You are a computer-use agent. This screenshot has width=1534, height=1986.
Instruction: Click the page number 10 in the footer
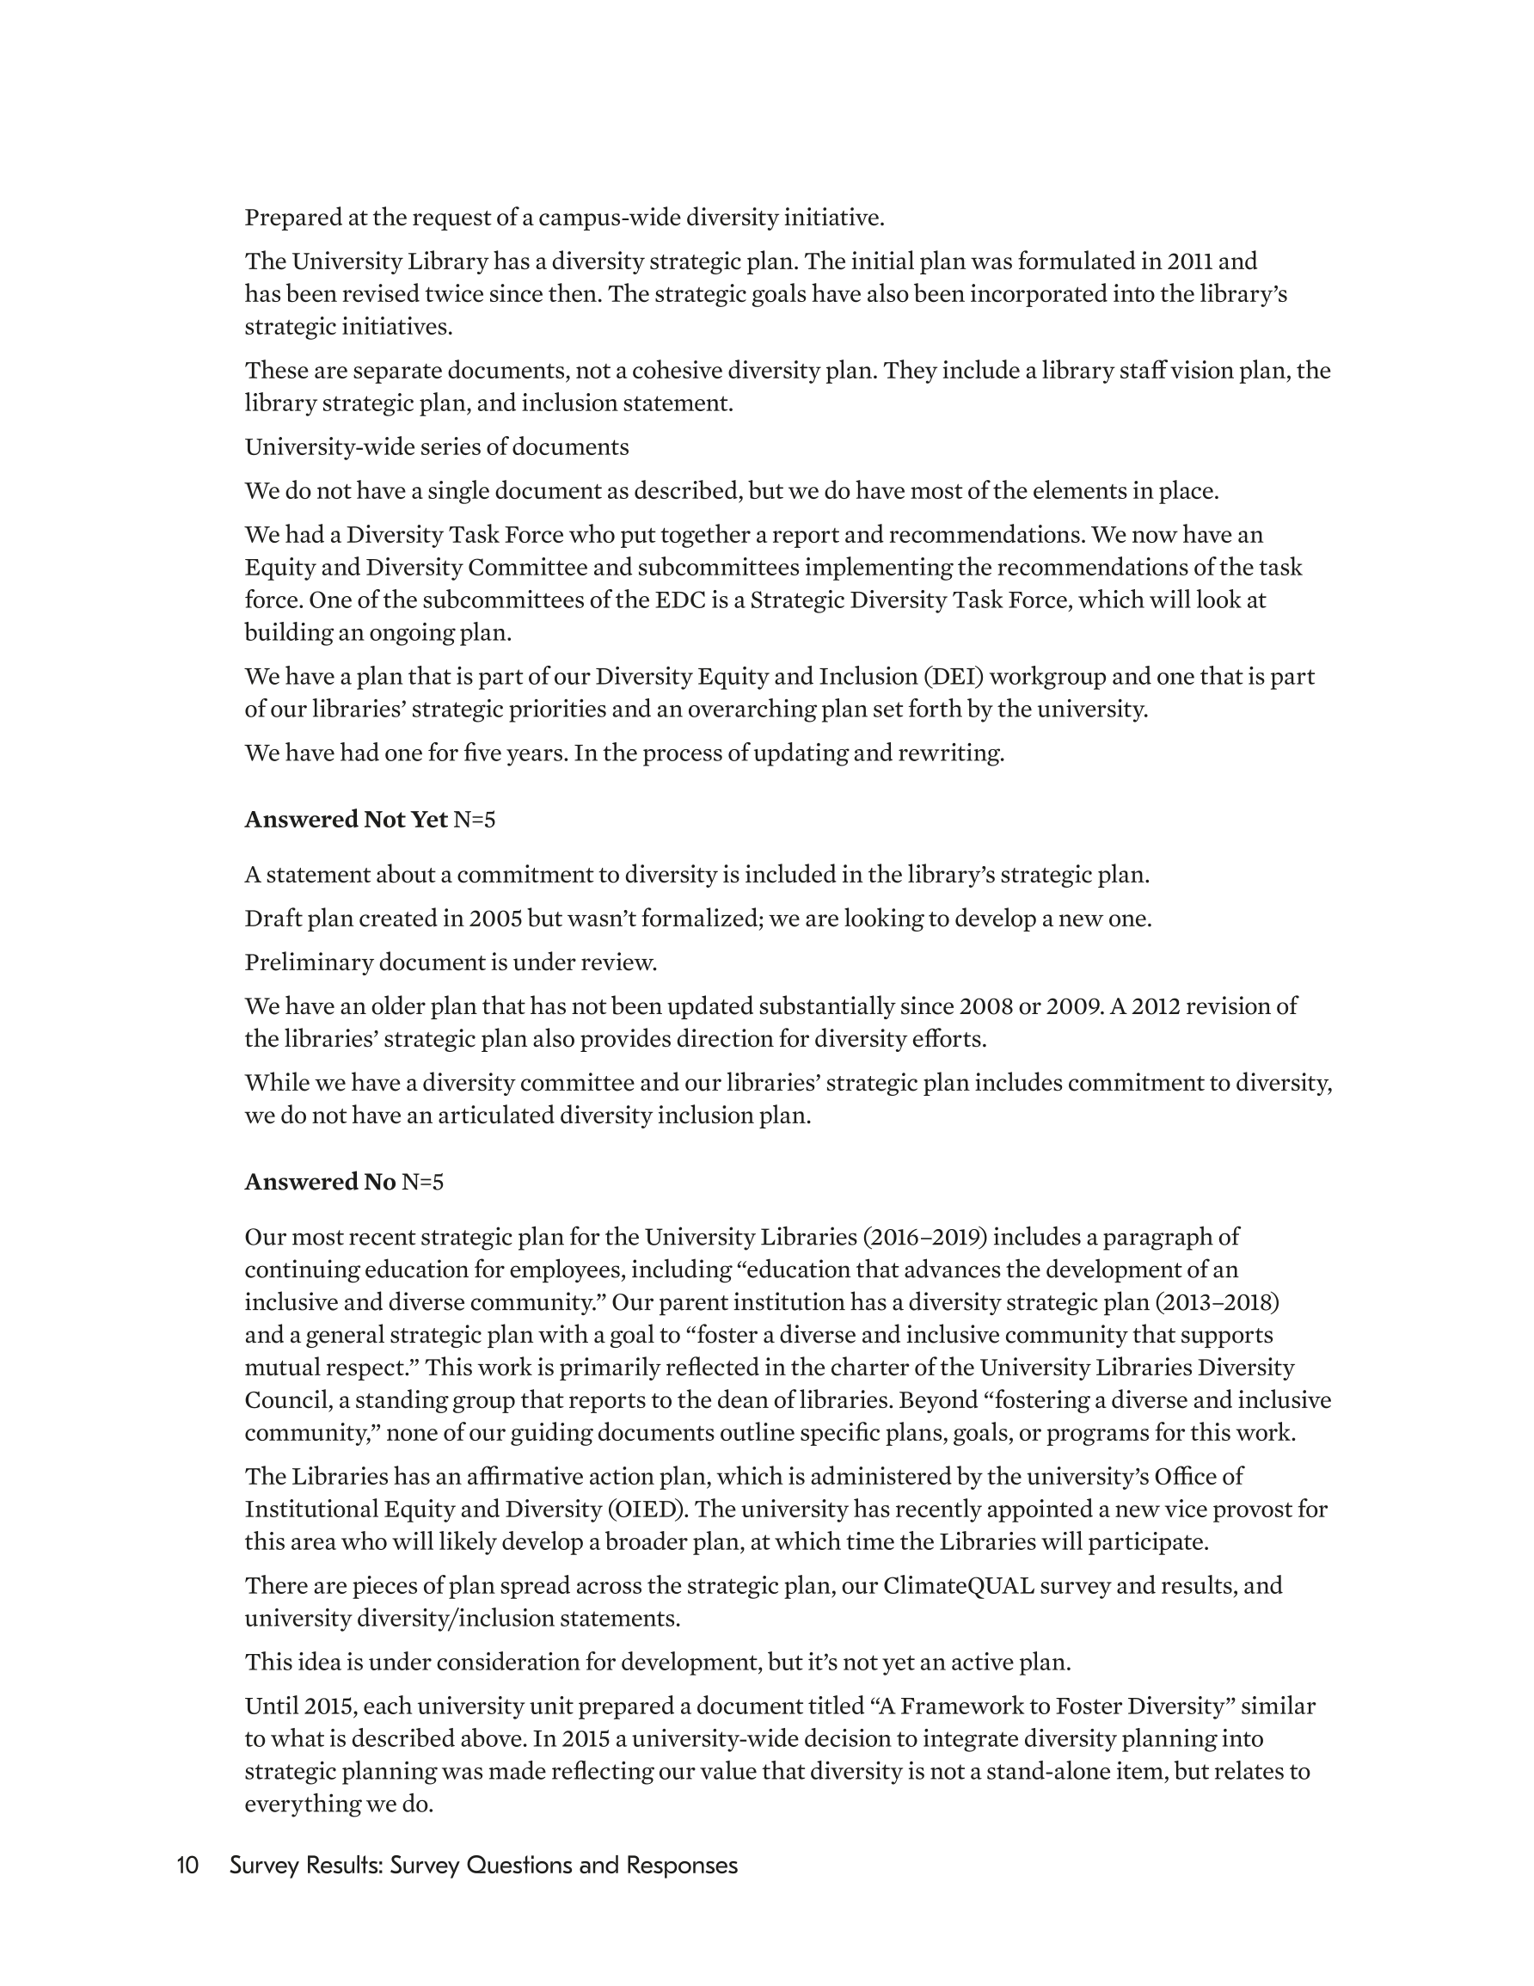coord(187,1865)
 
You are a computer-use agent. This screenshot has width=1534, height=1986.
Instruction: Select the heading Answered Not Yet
coord(346,820)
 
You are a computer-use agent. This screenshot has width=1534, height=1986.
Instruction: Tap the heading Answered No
coord(320,1181)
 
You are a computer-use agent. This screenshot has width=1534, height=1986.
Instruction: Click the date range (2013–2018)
coord(1217,1302)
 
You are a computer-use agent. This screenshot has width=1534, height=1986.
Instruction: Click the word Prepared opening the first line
coord(291,218)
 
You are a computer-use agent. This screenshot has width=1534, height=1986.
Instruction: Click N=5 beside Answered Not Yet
coord(475,820)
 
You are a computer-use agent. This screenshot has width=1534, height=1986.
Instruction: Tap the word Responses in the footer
coord(682,1865)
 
